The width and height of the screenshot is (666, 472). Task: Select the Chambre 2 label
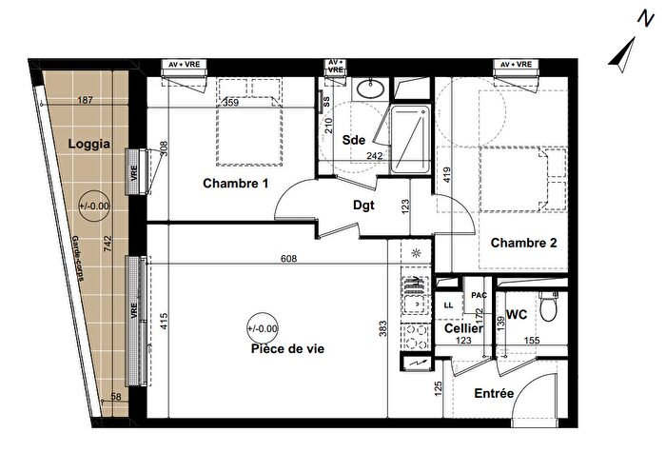(x=523, y=243)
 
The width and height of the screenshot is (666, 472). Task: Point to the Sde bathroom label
(x=354, y=140)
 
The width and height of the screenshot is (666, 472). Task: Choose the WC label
(x=517, y=314)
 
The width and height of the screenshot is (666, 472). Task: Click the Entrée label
(x=493, y=393)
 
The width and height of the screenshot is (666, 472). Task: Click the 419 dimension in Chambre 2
(x=445, y=176)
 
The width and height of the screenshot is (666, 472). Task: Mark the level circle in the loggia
(x=93, y=204)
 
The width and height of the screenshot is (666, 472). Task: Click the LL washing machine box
(x=448, y=305)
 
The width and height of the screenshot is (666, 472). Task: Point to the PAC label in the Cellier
(x=479, y=295)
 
